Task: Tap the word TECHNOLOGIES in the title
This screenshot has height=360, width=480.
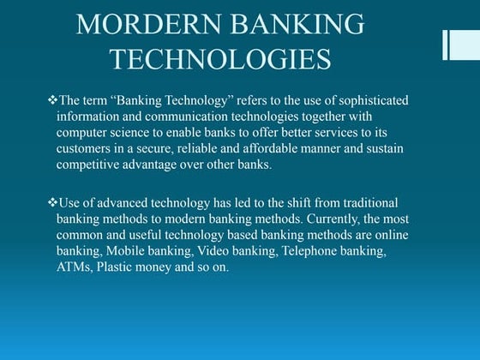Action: [221, 59]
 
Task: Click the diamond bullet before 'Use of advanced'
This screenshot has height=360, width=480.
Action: [51, 203]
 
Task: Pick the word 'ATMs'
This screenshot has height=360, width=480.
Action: [74, 268]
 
